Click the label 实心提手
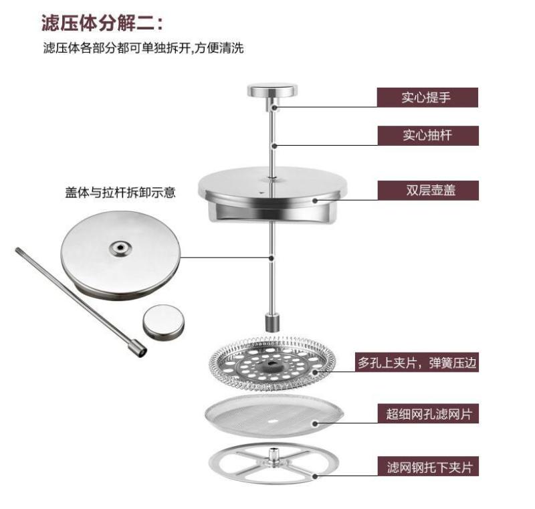point(427,98)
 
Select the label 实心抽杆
point(428,135)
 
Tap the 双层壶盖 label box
point(428,191)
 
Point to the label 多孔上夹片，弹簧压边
point(417,362)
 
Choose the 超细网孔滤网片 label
point(428,413)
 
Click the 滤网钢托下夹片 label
point(428,466)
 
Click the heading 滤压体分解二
point(102,23)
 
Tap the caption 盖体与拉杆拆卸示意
point(120,193)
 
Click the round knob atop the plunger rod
point(272,90)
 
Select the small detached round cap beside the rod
point(163,322)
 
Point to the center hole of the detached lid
point(120,247)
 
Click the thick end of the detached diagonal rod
point(137,348)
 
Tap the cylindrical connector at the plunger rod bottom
point(272,323)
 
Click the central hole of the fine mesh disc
point(272,420)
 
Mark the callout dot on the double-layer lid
point(315,200)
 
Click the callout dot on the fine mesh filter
point(315,423)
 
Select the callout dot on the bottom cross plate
point(315,476)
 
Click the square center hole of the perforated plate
point(272,363)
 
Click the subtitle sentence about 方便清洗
point(143,48)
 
